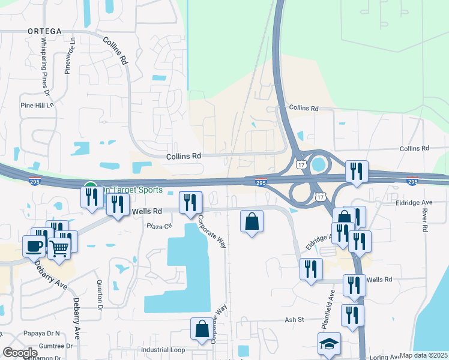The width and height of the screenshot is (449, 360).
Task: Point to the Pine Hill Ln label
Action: (x=37, y=105)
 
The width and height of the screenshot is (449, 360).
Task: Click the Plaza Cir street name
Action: (x=160, y=226)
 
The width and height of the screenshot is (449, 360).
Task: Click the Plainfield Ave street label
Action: (x=331, y=305)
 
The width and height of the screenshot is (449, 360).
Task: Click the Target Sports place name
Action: (x=136, y=190)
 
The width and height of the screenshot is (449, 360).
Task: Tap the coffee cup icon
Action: (x=34, y=245)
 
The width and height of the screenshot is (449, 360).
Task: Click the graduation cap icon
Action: (x=329, y=344)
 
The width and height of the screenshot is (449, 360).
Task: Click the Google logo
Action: (x=20, y=353)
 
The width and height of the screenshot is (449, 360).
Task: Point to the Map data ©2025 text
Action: (x=423, y=355)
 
